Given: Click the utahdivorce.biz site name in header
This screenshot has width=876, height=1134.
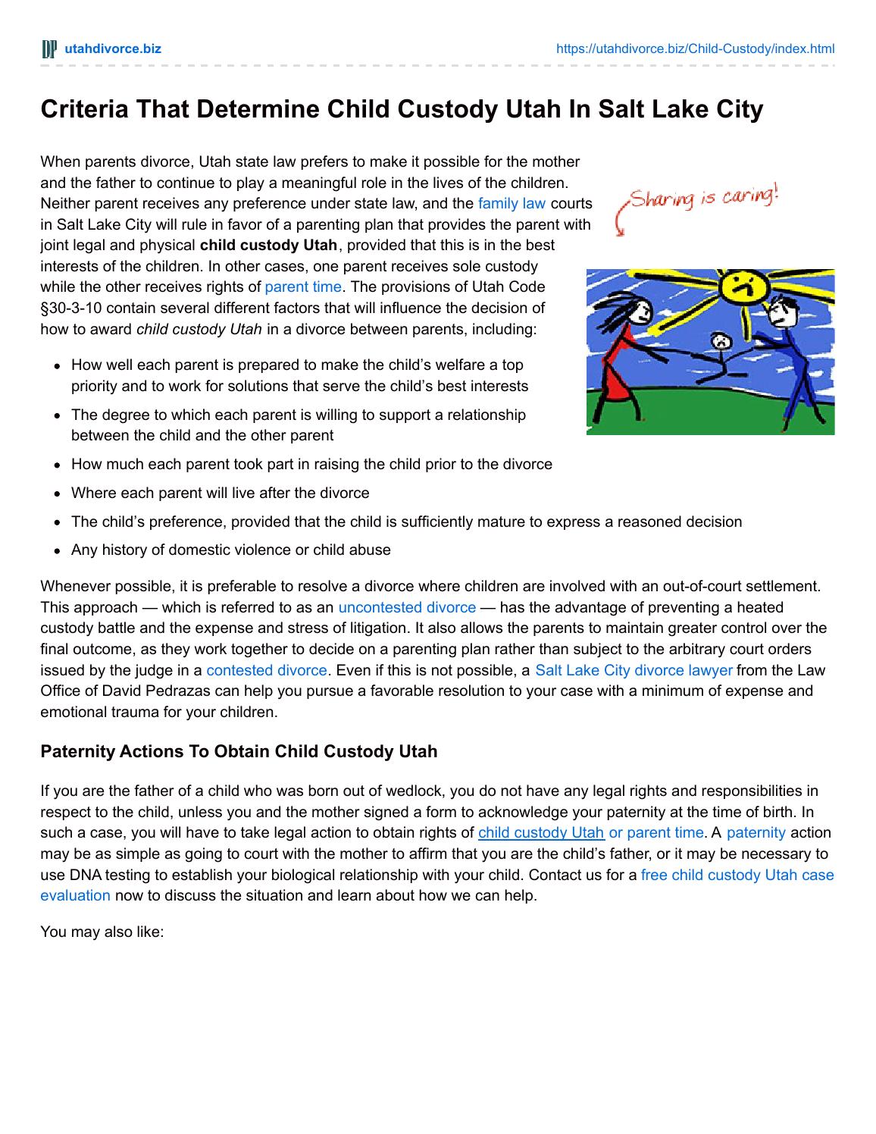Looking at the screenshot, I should (113, 49).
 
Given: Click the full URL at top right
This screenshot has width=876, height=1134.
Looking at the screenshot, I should (695, 49).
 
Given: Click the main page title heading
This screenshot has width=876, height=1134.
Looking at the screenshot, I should (402, 109).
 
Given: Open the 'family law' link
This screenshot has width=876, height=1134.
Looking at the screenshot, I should (512, 203).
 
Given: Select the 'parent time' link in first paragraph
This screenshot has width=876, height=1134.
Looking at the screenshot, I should (303, 287).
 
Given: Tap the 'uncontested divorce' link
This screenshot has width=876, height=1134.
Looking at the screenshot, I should (407, 607).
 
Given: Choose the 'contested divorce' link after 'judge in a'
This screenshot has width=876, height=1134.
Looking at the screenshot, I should (267, 670).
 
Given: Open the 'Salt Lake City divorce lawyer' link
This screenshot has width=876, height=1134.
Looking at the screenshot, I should (634, 670).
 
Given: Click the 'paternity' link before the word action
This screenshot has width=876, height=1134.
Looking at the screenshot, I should (756, 832).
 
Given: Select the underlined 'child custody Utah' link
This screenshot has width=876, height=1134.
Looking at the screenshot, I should (541, 832).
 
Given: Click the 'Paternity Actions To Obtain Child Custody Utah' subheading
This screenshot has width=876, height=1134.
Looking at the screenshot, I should (239, 752).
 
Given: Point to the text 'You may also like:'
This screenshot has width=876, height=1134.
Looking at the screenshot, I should (102, 931).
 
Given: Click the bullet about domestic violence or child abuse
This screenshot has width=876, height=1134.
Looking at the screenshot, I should (231, 550).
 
